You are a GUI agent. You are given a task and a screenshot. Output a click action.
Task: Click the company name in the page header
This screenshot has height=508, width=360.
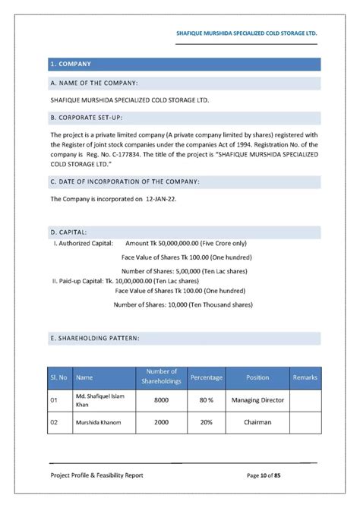(246, 34)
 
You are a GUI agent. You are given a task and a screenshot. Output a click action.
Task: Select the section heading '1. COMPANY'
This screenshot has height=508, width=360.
(71, 64)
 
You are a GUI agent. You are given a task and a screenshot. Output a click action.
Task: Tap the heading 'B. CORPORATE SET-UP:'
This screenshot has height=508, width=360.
(86, 118)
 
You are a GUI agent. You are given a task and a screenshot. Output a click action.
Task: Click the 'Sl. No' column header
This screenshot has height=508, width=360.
(59, 377)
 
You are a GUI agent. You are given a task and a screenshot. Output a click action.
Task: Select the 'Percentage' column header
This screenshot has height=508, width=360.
(207, 377)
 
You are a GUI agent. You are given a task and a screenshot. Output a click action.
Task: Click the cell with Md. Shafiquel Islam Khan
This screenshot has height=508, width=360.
(101, 399)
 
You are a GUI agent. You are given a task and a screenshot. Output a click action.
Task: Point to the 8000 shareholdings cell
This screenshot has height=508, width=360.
(161, 399)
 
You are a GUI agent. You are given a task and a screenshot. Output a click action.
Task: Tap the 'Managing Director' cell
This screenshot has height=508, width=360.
(257, 399)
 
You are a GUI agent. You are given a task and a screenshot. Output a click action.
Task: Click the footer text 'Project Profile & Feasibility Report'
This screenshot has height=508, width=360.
(96, 475)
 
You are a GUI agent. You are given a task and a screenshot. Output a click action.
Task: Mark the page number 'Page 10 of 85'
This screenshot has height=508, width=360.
(274, 475)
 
